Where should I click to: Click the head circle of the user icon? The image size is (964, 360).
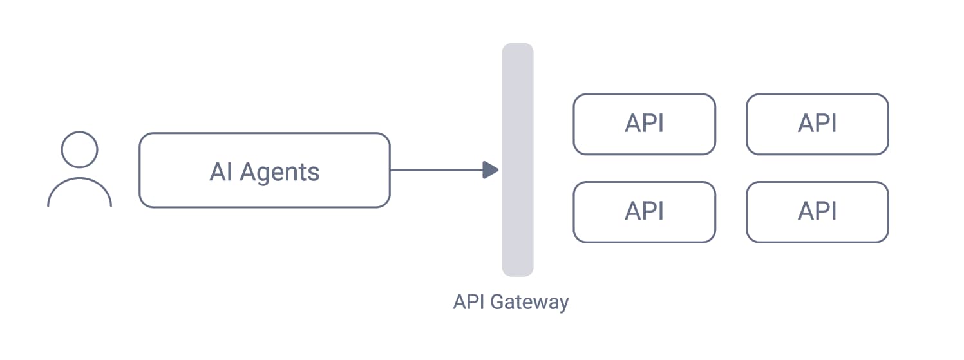tap(79, 149)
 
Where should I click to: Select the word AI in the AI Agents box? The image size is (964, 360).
tap(220, 172)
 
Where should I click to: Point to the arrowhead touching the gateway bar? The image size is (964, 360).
tap(491, 170)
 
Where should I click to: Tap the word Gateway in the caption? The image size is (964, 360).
tap(529, 302)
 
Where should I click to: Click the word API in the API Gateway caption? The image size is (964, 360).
tap(469, 301)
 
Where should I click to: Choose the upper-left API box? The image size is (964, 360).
tap(644, 124)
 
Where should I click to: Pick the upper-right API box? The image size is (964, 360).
tap(817, 124)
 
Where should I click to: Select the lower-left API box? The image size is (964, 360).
tap(644, 212)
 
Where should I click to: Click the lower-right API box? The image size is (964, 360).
tap(817, 212)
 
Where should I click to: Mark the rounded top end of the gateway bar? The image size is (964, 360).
tap(518, 48)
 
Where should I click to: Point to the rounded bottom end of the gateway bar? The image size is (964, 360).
tap(518, 272)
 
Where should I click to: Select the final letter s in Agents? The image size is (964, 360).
tap(314, 174)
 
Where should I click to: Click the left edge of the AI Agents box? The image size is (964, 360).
tap(140, 170)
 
